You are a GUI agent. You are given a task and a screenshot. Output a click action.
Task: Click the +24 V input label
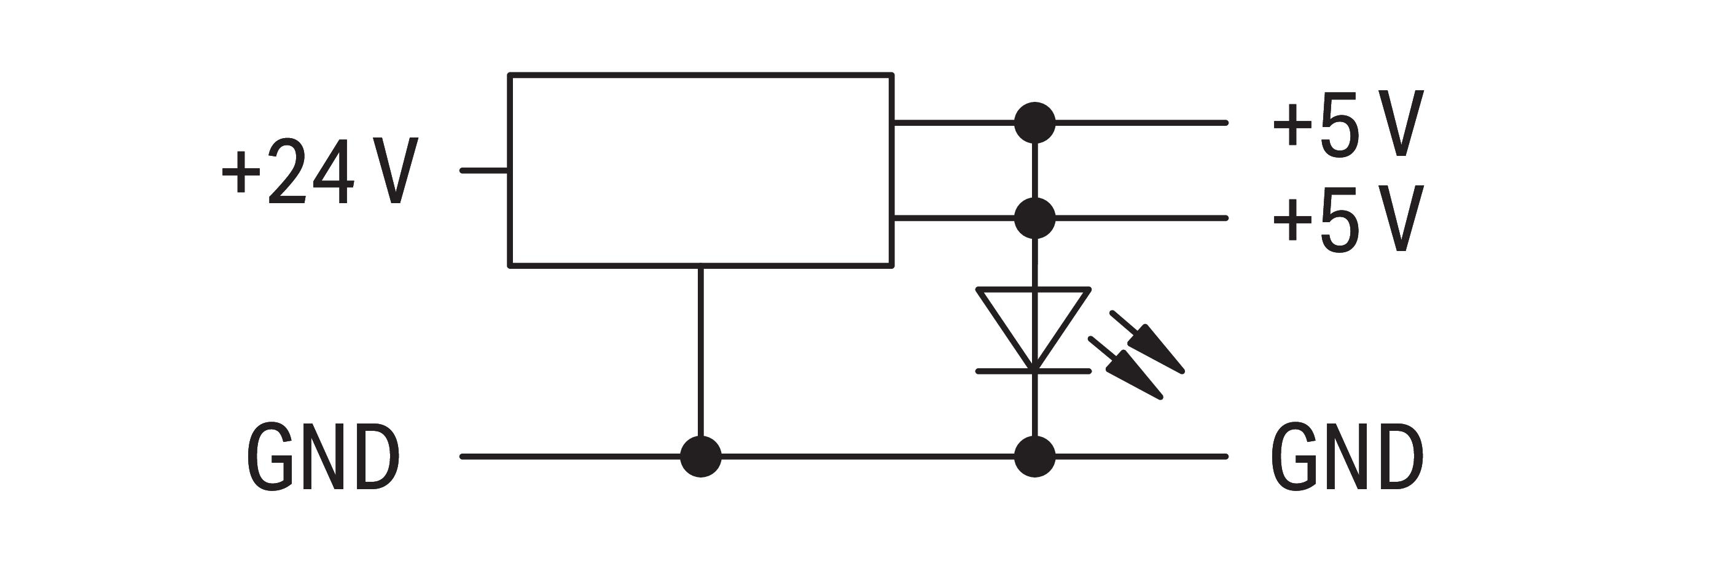tap(319, 171)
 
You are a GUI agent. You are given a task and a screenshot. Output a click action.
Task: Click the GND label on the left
tap(323, 457)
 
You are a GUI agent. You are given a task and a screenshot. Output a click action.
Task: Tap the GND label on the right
tap(1347, 457)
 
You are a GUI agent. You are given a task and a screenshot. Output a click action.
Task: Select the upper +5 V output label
tap(1348, 123)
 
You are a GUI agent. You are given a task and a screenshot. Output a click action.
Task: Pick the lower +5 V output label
tap(1348, 218)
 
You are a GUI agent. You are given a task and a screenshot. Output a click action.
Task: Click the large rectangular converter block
tap(700, 171)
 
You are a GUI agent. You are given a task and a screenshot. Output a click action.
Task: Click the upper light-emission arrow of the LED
tap(1147, 342)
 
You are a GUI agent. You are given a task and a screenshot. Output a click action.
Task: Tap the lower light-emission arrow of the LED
tap(1126, 368)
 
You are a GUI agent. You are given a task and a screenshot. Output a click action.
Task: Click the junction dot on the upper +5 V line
tap(1035, 123)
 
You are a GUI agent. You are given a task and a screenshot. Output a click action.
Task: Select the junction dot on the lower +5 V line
tap(1035, 218)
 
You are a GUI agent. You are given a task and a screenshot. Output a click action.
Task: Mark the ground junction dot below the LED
tap(1035, 457)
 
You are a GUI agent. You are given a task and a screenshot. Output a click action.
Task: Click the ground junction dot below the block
tap(700, 457)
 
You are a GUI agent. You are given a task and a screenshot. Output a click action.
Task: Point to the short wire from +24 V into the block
tap(485, 171)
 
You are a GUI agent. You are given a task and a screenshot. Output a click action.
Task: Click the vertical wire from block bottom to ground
tap(700, 352)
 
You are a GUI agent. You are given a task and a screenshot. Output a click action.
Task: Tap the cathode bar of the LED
tap(1033, 371)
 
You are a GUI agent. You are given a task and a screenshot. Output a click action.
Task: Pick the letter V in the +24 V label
tap(396, 171)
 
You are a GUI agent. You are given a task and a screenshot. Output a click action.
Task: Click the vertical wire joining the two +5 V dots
tap(1035, 171)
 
